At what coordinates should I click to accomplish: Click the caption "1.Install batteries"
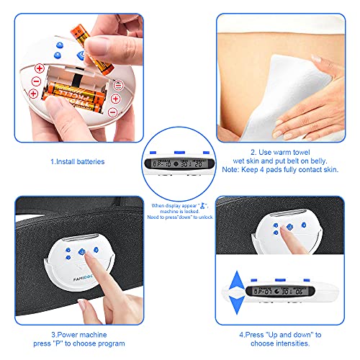[x=77, y=162]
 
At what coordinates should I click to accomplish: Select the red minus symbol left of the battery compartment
[x=34, y=92]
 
